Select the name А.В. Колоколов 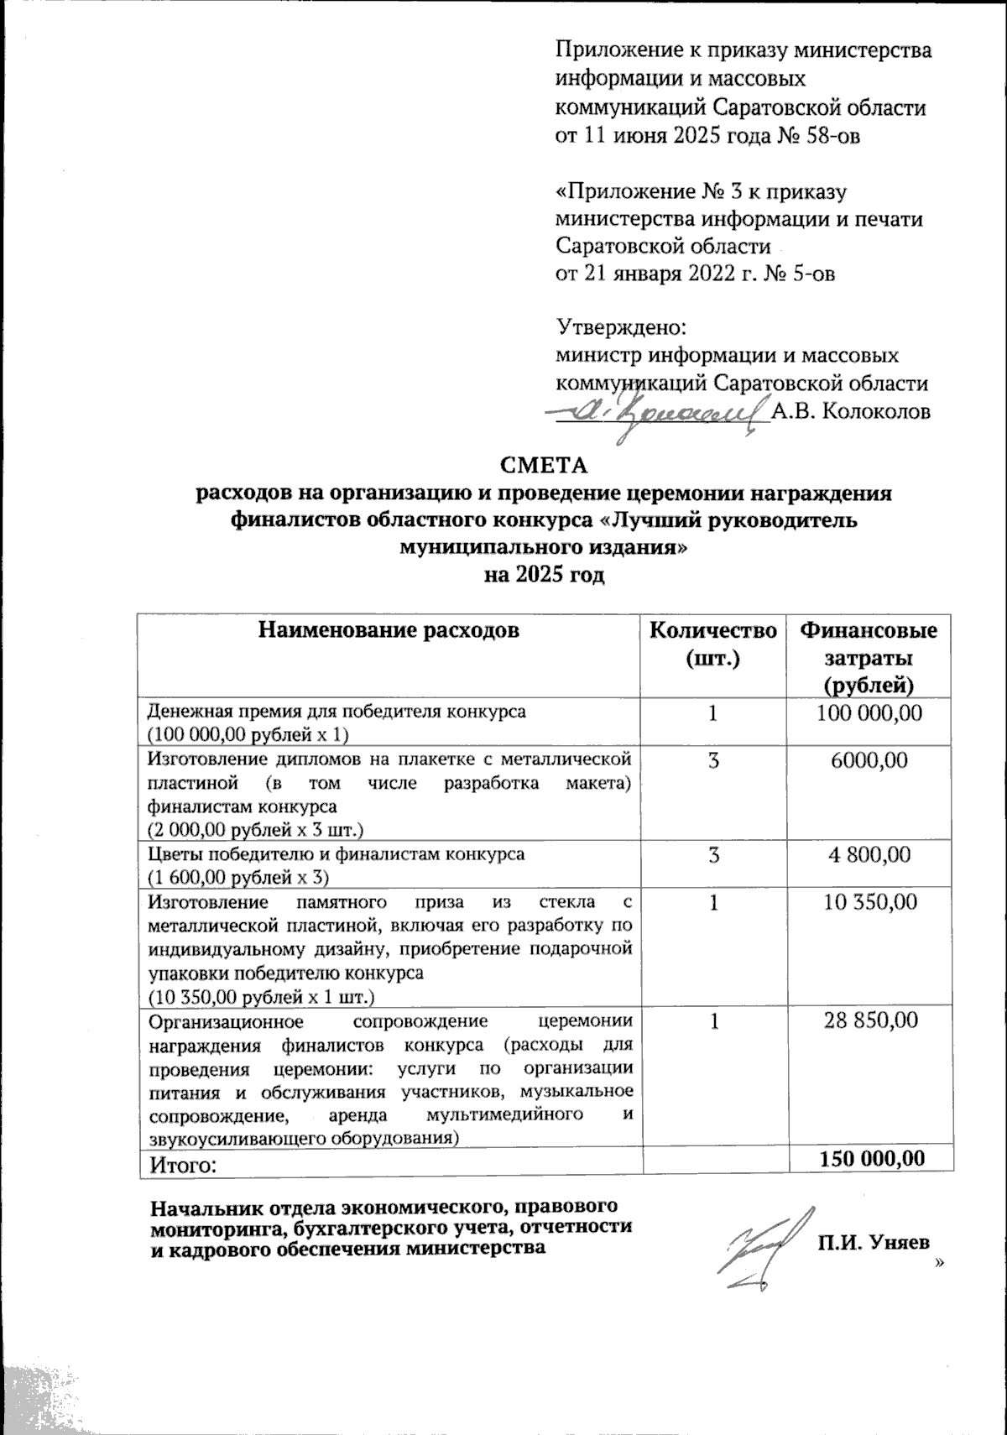[x=851, y=412]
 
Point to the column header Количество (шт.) [x=713, y=644]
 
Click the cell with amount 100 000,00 [x=869, y=714]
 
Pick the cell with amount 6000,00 [x=869, y=761]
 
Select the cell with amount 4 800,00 [x=869, y=855]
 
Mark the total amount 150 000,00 [x=873, y=1159]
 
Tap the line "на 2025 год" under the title [x=545, y=577]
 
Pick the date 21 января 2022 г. [x=666, y=274]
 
